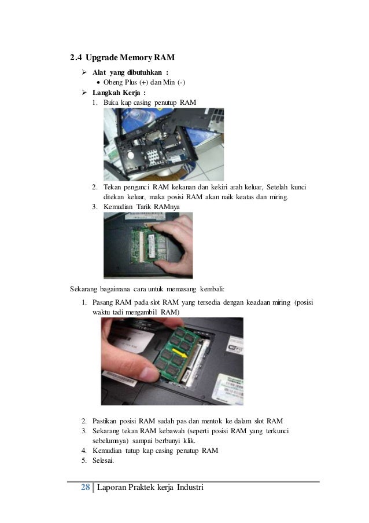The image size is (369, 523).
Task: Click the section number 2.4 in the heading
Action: click(76, 57)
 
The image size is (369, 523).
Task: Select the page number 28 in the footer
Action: click(85, 487)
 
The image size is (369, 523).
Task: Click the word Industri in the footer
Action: click(190, 487)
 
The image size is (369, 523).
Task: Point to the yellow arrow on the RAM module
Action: click(179, 352)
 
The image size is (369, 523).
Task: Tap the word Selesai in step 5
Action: click(103, 460)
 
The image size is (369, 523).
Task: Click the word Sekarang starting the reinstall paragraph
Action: click(84, 289)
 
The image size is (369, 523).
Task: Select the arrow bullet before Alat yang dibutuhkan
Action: click(84, 72)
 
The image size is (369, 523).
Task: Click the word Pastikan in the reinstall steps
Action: click(104, 421)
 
